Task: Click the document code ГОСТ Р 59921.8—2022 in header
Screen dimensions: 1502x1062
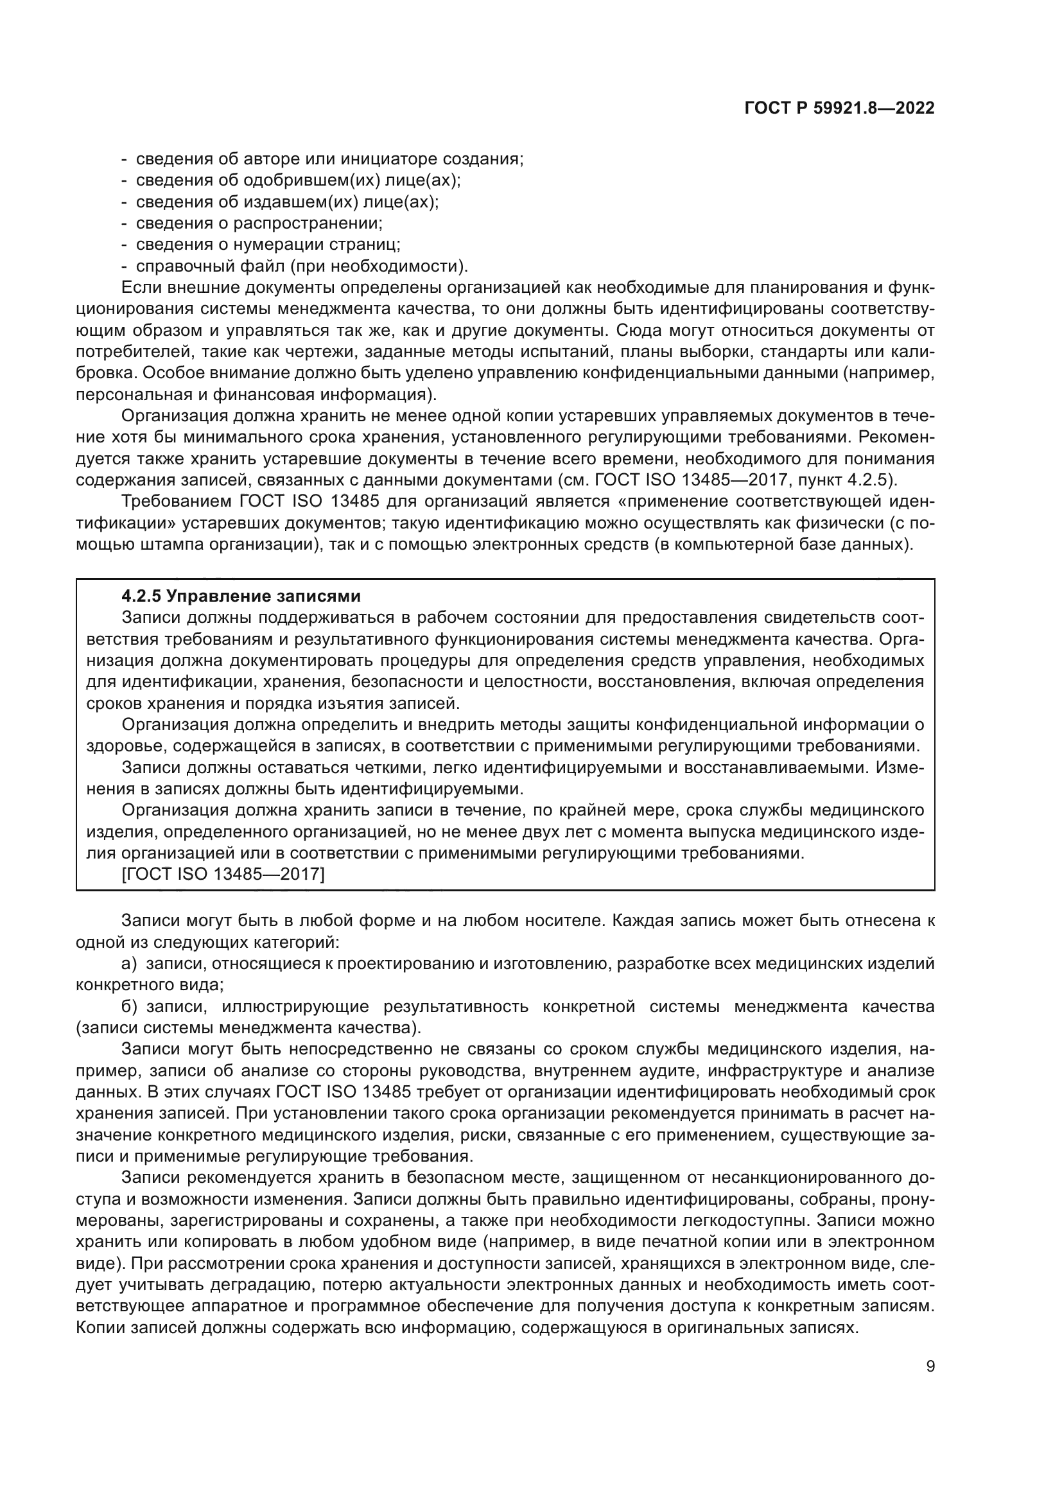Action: tap(839, 109)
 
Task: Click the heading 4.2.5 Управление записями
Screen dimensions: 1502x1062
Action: tap(241, 596)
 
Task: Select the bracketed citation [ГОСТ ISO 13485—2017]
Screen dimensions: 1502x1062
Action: tap(223, 874)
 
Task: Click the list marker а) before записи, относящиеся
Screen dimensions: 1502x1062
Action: tap(129, 964)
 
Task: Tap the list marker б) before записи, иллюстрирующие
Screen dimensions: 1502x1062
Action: tap(129, 1006)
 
